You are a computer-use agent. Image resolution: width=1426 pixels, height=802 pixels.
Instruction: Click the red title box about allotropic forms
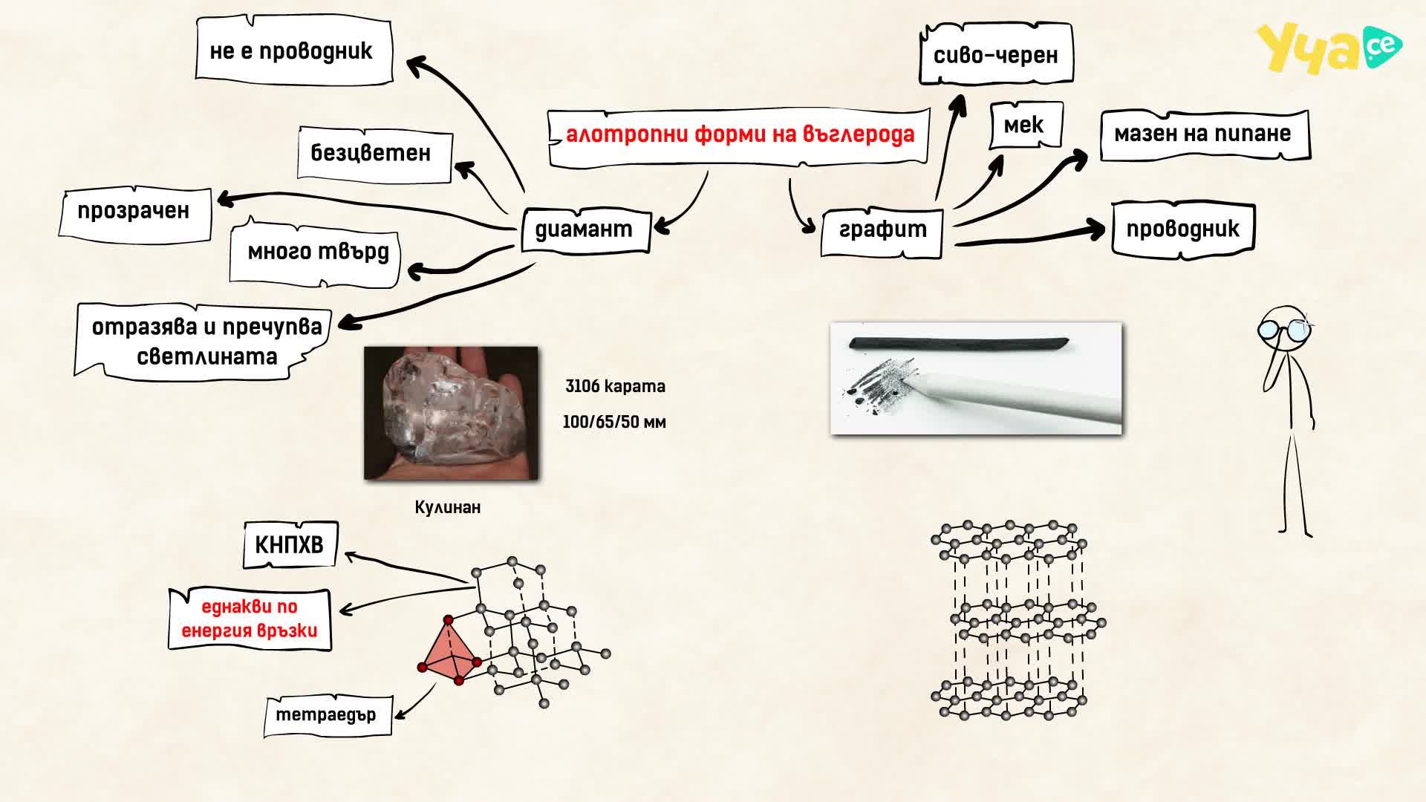coord(739,137)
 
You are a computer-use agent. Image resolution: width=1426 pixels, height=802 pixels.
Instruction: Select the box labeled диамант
coord(585,230)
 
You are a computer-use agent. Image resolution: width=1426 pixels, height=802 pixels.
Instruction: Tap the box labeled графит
coord(882,232)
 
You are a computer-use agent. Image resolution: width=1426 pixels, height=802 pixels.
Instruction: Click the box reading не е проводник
coord(293,50)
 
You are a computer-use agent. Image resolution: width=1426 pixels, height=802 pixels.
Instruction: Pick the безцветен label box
coord(375,154)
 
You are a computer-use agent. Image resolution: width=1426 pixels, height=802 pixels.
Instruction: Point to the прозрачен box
coord(135,212)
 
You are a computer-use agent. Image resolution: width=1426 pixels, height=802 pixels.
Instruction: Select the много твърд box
coord(315,253)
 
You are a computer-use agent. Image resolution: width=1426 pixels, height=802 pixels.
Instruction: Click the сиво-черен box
coord(996,54)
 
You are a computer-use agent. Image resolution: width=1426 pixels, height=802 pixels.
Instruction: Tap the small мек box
coord(1026,125)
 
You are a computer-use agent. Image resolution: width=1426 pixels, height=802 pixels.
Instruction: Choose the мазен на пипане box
coord(1205,134)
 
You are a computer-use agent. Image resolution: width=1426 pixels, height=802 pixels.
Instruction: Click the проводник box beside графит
coord(1183,229)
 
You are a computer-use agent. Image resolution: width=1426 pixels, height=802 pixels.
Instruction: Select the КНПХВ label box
coord(290,545)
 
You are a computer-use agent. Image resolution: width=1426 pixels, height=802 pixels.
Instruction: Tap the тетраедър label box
coord(328,716)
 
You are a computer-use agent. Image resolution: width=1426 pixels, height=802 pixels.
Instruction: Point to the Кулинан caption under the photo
coord(448,508)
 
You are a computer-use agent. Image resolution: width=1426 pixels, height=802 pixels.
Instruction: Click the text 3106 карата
coord(615,386)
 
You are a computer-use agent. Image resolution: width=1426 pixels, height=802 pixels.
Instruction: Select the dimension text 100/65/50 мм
coord(614,422)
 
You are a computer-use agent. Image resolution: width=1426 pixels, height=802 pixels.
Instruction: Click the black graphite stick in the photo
coord(959,344)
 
